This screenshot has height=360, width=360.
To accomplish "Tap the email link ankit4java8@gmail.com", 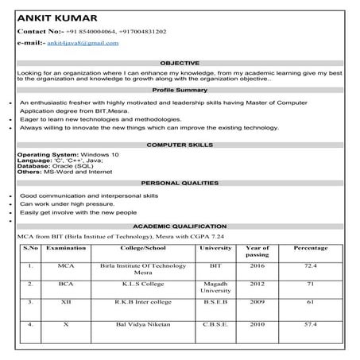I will coord(83,43).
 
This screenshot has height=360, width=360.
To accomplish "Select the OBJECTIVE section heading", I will coord(180,62).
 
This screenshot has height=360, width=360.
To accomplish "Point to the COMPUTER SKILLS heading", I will coord(180,145).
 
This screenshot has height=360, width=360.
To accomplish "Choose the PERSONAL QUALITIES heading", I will coord(180,183).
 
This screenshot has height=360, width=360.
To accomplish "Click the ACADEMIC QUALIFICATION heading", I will coord(180,226).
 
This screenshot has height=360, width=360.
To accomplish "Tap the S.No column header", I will coord(31,248).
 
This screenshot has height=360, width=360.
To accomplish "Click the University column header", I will coord(214,248).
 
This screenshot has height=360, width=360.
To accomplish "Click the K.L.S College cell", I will coord(141,282).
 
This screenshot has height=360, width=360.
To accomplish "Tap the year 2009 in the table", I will coord(257,302).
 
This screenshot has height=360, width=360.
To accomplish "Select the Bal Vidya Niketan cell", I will coord(141,324).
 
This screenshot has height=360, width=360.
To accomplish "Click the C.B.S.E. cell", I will coord(214,324).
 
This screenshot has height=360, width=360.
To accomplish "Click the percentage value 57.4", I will coord(310,324).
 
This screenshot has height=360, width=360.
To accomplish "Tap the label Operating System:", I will coord(46,153).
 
